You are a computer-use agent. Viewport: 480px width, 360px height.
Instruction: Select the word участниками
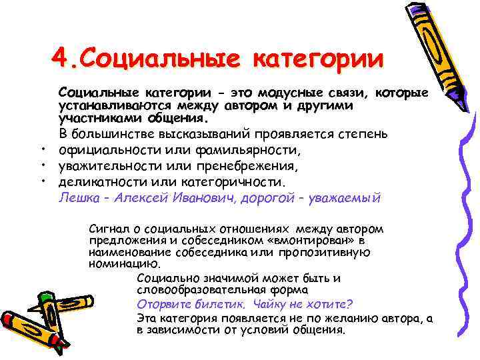(91, 118)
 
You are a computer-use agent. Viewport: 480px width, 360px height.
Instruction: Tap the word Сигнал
(109, 228)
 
